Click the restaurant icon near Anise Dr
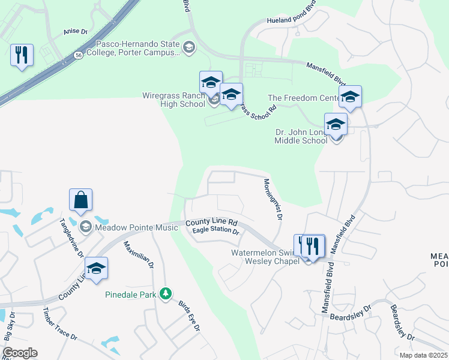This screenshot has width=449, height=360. [22, 55]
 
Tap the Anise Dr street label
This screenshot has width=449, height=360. [75, 32]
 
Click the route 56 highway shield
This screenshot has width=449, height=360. [79, 55]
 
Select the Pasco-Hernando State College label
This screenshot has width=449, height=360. [138, 49]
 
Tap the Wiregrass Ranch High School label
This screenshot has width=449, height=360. [173, 100]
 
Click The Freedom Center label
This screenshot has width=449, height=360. [303, 98]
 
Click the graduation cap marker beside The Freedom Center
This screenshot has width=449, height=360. [350, 96]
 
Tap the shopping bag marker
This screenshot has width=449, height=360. [81, 200]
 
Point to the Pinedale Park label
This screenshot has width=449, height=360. [130, 295]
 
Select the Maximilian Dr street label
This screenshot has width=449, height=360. [139, 254]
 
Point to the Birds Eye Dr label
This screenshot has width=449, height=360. [188, 315]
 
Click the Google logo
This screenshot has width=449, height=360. [20, 353]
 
